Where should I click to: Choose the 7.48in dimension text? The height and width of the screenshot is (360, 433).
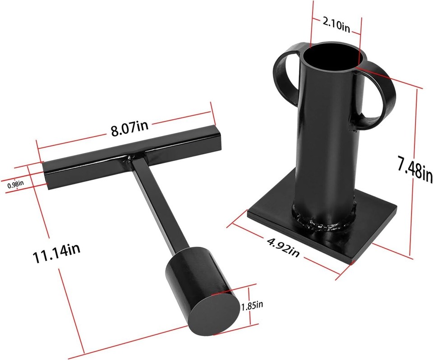tap(415, 168)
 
